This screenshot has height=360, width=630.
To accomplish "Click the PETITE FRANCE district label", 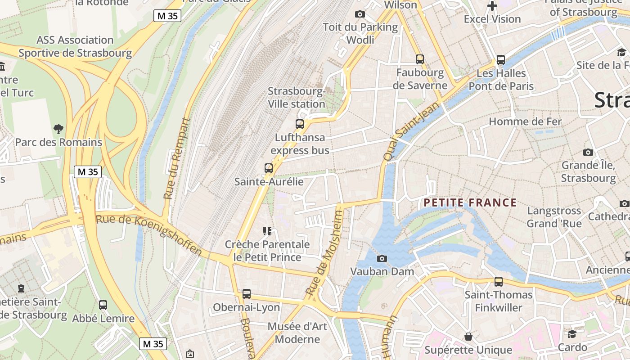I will tap(470, 203).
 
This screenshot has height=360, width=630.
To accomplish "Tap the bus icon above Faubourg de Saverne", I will tap(420, 59).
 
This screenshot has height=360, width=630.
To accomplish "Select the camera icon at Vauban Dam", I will tap(382, 258).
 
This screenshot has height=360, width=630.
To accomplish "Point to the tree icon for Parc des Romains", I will tap(58, 129).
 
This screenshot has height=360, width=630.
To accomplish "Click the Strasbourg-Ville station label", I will tap(297, 98).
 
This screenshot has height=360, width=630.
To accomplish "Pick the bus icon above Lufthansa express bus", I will tap(300, 124).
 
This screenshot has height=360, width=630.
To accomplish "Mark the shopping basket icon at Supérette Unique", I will tap(468, 337).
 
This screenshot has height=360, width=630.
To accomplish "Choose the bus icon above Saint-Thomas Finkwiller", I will tap(499, 282).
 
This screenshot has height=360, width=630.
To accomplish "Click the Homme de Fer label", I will tap(525, 121).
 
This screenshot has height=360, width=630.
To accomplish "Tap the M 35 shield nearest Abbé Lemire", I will tap(153, 344).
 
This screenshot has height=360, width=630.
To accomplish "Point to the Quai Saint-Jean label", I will tap(405, 131).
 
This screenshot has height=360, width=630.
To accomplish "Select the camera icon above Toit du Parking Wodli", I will tap(360, 14).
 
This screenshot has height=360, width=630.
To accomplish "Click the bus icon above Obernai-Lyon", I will tap(247, 294).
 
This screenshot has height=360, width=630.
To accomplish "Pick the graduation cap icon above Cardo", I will tap(572, 334).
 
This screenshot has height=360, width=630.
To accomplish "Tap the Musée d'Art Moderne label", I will tap(297, 333).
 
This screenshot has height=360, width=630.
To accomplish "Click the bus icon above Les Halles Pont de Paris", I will tap(501, 59).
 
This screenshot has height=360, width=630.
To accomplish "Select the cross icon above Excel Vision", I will tap(492, 6).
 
